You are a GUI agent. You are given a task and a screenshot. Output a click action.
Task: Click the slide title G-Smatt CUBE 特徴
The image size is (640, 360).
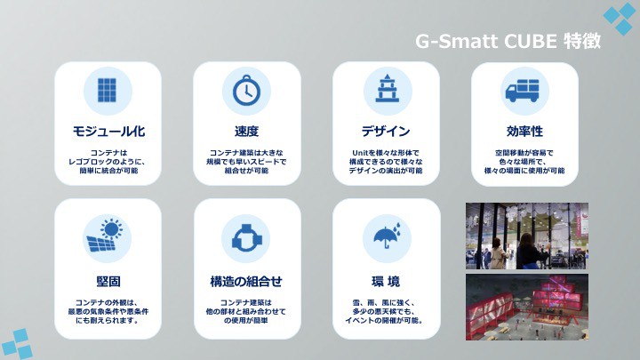point(508,41)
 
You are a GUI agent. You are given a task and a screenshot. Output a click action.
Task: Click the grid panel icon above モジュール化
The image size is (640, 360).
point(108,90)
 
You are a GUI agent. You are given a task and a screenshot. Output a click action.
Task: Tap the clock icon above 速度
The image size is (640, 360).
point(246,90)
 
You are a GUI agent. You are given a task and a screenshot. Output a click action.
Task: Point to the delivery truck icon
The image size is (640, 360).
point(523,91)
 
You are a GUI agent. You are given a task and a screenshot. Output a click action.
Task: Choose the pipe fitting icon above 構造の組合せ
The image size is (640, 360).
point(245,237)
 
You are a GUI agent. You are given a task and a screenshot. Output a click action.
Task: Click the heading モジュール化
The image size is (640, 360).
point(108,132)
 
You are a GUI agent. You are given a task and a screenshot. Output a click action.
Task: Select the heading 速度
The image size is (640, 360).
point(246,132)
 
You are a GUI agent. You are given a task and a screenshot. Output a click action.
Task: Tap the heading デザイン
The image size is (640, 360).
point(386,132)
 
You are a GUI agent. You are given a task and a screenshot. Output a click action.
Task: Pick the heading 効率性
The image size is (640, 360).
point(524,132)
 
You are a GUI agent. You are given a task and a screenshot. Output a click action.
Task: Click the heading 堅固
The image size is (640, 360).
point(108,281)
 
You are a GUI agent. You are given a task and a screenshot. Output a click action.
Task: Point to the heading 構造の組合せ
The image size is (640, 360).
point(246,281)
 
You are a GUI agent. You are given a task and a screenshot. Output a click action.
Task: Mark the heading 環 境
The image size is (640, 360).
point(386,281)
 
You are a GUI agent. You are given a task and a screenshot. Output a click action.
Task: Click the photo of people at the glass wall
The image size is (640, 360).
point(527,236)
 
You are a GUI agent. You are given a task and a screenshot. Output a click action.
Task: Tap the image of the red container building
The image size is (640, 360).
point(527,307)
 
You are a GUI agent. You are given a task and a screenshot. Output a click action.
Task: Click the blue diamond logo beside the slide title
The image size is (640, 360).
point(621,18)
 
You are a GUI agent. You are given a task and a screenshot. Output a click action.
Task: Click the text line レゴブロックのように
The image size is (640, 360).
point(107,162)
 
